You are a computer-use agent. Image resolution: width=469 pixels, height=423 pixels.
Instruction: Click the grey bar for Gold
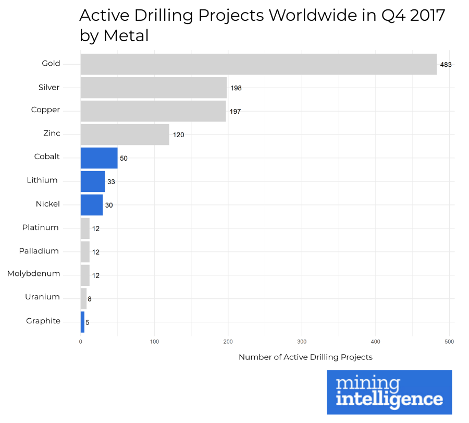coord(258,64)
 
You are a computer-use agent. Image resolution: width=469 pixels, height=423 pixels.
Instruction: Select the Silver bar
coord(153,88)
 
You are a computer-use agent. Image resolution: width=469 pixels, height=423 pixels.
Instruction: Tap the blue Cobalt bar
coord(99,158)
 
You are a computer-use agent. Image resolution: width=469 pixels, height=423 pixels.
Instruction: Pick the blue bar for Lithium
coord(93,182)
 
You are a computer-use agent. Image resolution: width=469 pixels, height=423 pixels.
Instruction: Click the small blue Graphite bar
coord(82,322)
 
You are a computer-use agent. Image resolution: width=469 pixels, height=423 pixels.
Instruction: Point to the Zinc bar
coord(125,135)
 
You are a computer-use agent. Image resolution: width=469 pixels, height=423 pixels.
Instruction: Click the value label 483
coord(445,65)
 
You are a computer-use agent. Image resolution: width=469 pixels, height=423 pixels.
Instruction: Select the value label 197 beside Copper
coord(236,112)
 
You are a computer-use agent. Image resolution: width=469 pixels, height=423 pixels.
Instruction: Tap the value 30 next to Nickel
coord(108,206)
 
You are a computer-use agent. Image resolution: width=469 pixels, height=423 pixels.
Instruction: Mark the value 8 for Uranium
coord(90,299)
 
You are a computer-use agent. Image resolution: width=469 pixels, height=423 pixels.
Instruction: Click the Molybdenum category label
coord(34,274)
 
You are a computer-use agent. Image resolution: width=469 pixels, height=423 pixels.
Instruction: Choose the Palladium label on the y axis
coord(39,251)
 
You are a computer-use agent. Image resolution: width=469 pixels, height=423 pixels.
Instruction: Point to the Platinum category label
coord(40,227)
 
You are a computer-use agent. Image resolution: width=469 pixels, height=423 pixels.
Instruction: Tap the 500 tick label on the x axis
coord(449,342)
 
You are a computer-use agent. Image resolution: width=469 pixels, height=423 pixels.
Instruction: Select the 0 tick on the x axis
coord(80,342)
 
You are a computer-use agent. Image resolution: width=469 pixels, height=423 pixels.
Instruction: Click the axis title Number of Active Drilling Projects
coord(305,357)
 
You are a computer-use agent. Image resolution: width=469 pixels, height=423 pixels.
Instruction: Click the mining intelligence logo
coord(389,392)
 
